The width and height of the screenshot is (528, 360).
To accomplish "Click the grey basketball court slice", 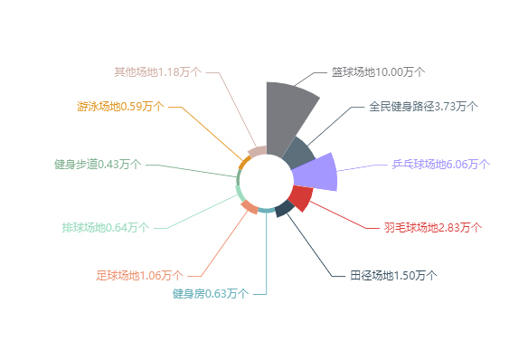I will (287, 113).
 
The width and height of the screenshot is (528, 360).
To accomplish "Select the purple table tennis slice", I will (316, 172).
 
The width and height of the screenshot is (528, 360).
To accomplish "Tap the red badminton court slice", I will (300, 197).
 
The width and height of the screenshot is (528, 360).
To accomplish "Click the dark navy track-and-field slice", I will (284, 209).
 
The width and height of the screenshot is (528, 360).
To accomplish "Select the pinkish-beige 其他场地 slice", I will (258, 152).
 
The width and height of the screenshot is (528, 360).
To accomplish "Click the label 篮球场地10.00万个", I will (378, 71).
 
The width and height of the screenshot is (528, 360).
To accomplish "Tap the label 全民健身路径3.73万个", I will (423, 106).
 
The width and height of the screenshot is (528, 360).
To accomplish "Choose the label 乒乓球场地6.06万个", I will (441, 164).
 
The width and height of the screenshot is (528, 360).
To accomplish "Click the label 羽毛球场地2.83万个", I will (432, 227).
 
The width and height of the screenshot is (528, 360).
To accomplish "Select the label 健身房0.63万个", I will (210, 293).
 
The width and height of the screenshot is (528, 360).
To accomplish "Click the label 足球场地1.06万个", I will (139, 275).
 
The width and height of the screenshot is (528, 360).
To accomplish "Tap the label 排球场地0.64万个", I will (106, 227).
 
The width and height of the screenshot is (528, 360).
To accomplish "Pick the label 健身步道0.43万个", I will (97, 164).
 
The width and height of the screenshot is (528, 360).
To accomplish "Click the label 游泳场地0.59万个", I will (120, 106).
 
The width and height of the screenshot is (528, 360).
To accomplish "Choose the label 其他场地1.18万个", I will (158, 71).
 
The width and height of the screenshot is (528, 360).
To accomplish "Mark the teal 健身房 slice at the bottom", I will (267, 211).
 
